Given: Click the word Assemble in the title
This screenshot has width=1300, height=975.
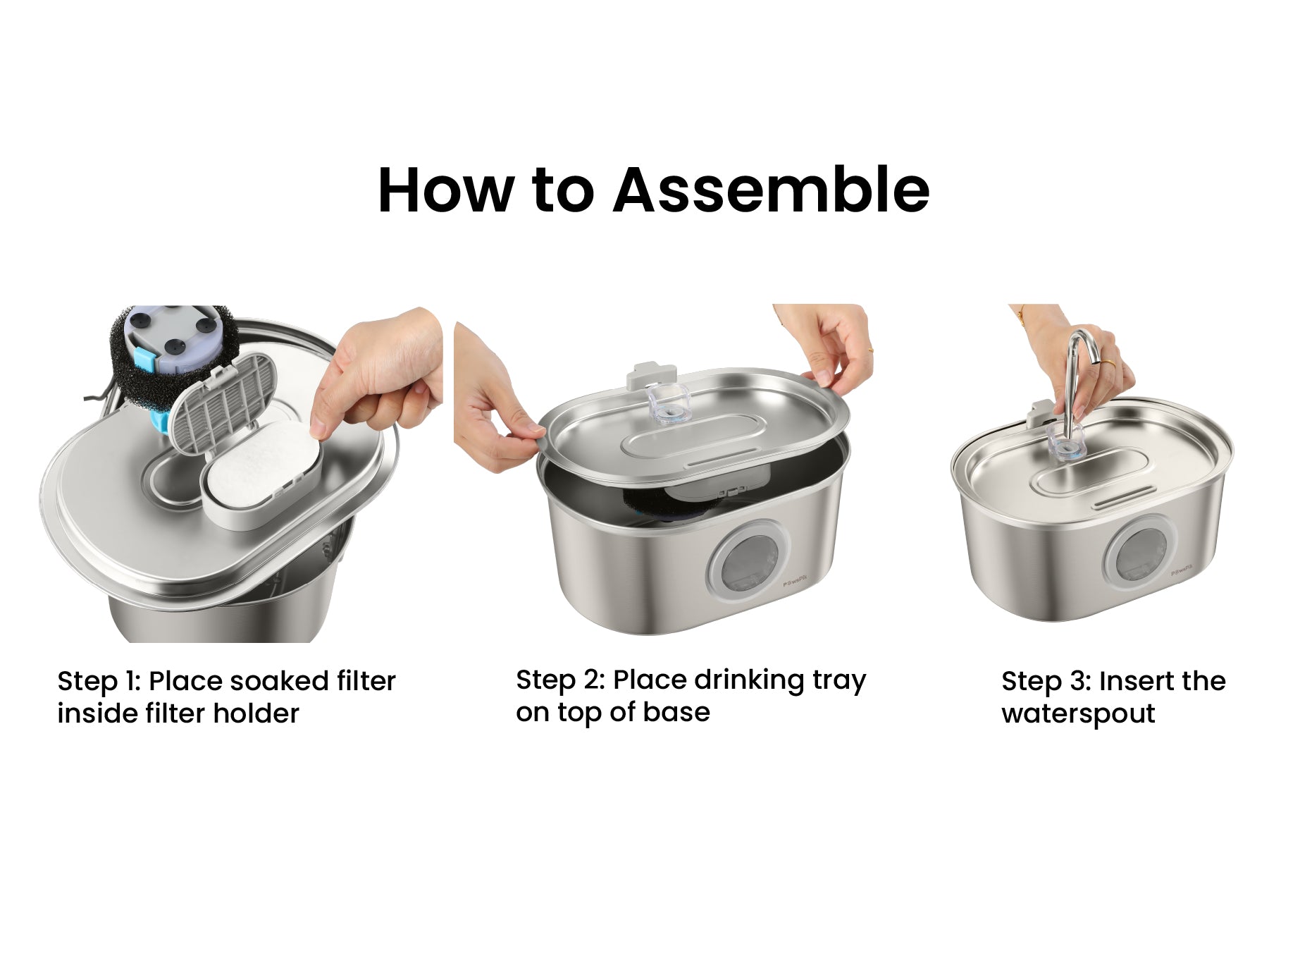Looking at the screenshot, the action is (772, 190).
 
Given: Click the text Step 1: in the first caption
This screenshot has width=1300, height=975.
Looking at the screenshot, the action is (100, 681).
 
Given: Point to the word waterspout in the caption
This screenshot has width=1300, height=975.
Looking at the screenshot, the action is (1078, 714).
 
